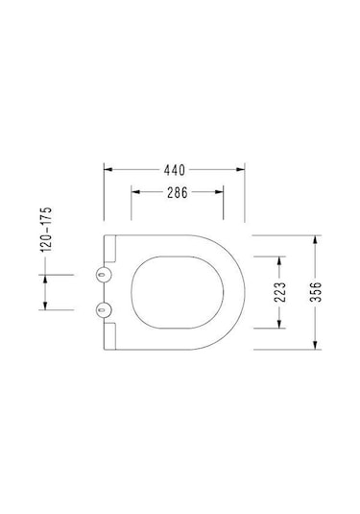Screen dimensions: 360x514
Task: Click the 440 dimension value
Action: [175, 170]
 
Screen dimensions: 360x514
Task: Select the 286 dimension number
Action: [178, 193]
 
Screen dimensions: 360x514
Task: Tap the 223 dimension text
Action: [280, 292]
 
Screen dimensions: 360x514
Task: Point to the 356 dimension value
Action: [316, 291]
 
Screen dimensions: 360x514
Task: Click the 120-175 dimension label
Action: [46, 230]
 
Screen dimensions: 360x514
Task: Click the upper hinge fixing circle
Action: [104, 275]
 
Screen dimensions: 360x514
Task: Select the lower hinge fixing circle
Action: [104, 309]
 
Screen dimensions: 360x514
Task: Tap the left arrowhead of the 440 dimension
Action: [108, 169]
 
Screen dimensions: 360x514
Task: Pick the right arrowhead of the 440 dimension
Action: [240, 169]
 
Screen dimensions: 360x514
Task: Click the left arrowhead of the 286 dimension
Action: [135, 192]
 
